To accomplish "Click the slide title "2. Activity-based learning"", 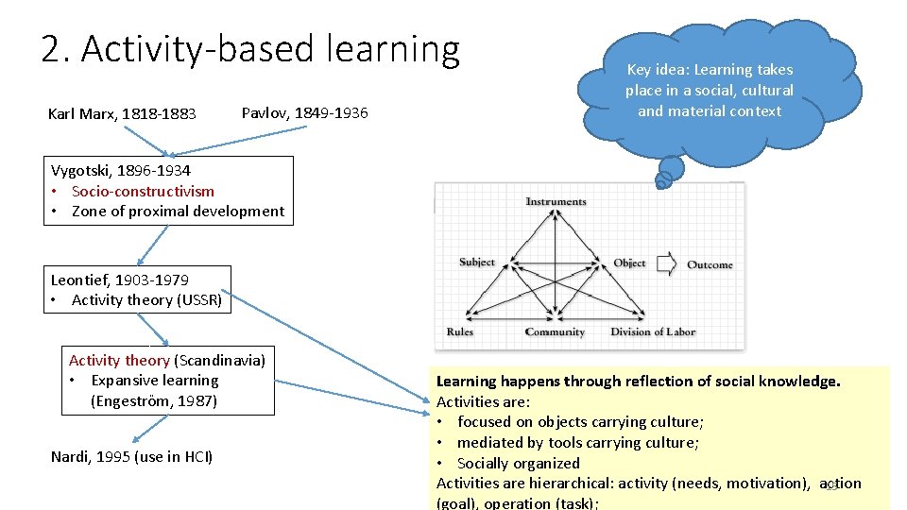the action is coord(250,49).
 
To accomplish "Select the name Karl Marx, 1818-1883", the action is coord(122,114).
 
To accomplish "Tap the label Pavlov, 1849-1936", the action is coord(304,113).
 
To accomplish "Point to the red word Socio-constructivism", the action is coord(143,191).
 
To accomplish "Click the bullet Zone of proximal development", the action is coord(178,212).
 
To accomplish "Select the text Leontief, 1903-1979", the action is coord(119,280).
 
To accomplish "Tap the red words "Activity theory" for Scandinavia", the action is coord(119,360).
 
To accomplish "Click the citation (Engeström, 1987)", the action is coord(154,401).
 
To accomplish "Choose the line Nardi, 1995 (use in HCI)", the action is coord(131,457).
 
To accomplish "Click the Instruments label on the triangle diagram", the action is coord(556,201).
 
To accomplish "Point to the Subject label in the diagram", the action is coord(477,262).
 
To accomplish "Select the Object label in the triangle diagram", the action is coord(629,263).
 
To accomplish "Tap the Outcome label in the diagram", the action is coord(710,264).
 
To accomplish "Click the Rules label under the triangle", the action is coord(460,331).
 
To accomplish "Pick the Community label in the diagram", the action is coord(555,331).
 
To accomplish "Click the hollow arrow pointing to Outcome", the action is coord(667,263).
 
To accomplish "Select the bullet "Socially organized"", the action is coord(518,463).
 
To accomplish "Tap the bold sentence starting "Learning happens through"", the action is coord(638,382).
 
